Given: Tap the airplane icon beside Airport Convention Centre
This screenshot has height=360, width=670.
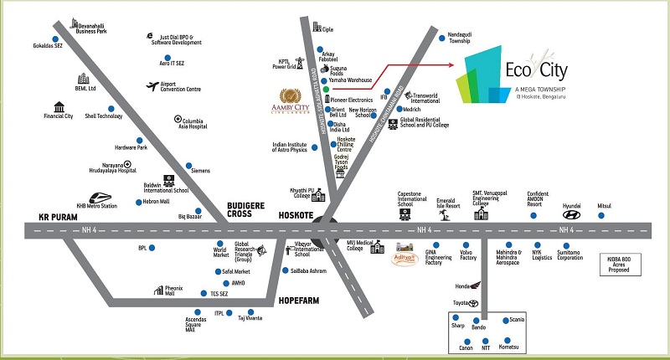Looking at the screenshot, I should point(152,85).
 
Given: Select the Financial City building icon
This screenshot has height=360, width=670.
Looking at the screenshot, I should point(59,106).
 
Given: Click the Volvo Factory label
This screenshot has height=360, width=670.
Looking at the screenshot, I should point(468,255).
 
